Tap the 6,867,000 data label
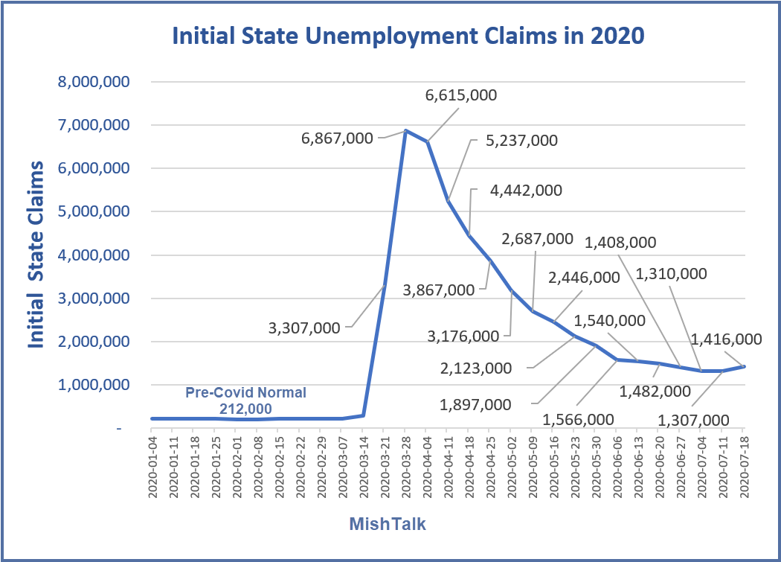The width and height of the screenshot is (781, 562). (338, 138)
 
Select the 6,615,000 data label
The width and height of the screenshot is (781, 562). (461, 95)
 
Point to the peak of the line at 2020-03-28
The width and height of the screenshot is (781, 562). (405, 131)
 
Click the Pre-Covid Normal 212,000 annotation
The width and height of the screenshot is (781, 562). (245, 400)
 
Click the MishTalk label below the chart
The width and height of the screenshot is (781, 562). (388, 524)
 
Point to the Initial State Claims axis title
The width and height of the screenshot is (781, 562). (35, 255)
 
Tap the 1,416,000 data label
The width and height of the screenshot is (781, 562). (727, 339)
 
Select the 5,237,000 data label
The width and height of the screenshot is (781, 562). (522, 141)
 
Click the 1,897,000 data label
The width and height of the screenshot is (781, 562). (476, 404)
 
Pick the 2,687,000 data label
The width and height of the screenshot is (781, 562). (538, 239)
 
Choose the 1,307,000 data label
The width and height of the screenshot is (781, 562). (692, 419)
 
